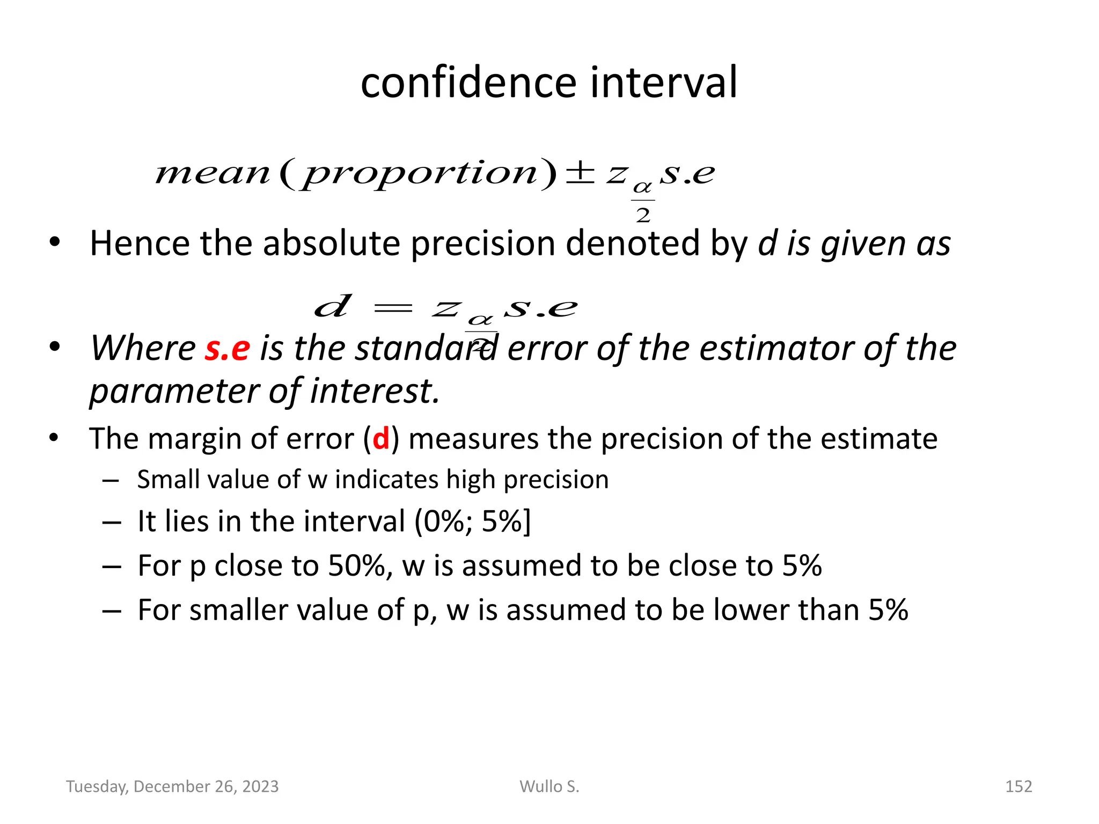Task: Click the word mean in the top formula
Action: (213, 174)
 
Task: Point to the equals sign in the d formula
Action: (393, 308)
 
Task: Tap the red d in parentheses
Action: (381, 439)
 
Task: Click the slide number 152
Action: (1018, 786)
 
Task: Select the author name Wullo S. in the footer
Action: (549, 786)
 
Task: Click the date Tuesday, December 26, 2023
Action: (172, 786)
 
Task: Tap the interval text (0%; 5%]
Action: (473, 521)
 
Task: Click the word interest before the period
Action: (371, 391)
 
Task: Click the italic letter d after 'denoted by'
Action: (768, 244)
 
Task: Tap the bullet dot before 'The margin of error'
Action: (54, 438)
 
